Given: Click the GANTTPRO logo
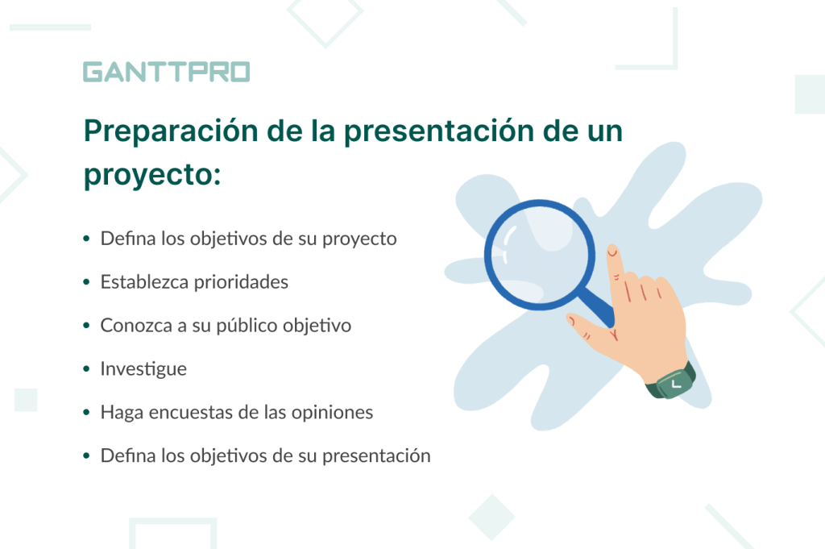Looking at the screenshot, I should point(166,72).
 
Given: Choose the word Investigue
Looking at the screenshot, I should point(143,369).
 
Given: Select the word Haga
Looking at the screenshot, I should point(119,412).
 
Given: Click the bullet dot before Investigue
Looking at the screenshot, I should point(86,370).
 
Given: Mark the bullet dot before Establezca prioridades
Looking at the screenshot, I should point(86,284).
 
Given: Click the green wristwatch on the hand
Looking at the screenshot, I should point(670,383).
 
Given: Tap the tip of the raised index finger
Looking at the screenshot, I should point(611,251).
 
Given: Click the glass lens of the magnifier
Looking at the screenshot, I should point(539,255).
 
